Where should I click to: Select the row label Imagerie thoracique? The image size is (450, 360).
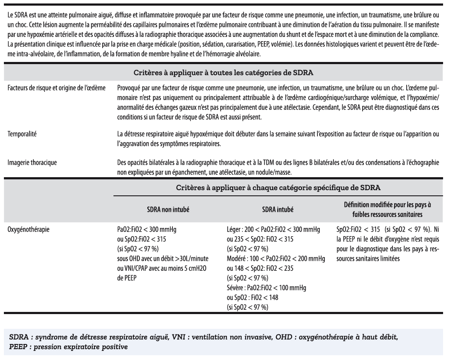click(x=32, y=163)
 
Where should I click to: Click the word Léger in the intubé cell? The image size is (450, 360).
click(x=235, y=227)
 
